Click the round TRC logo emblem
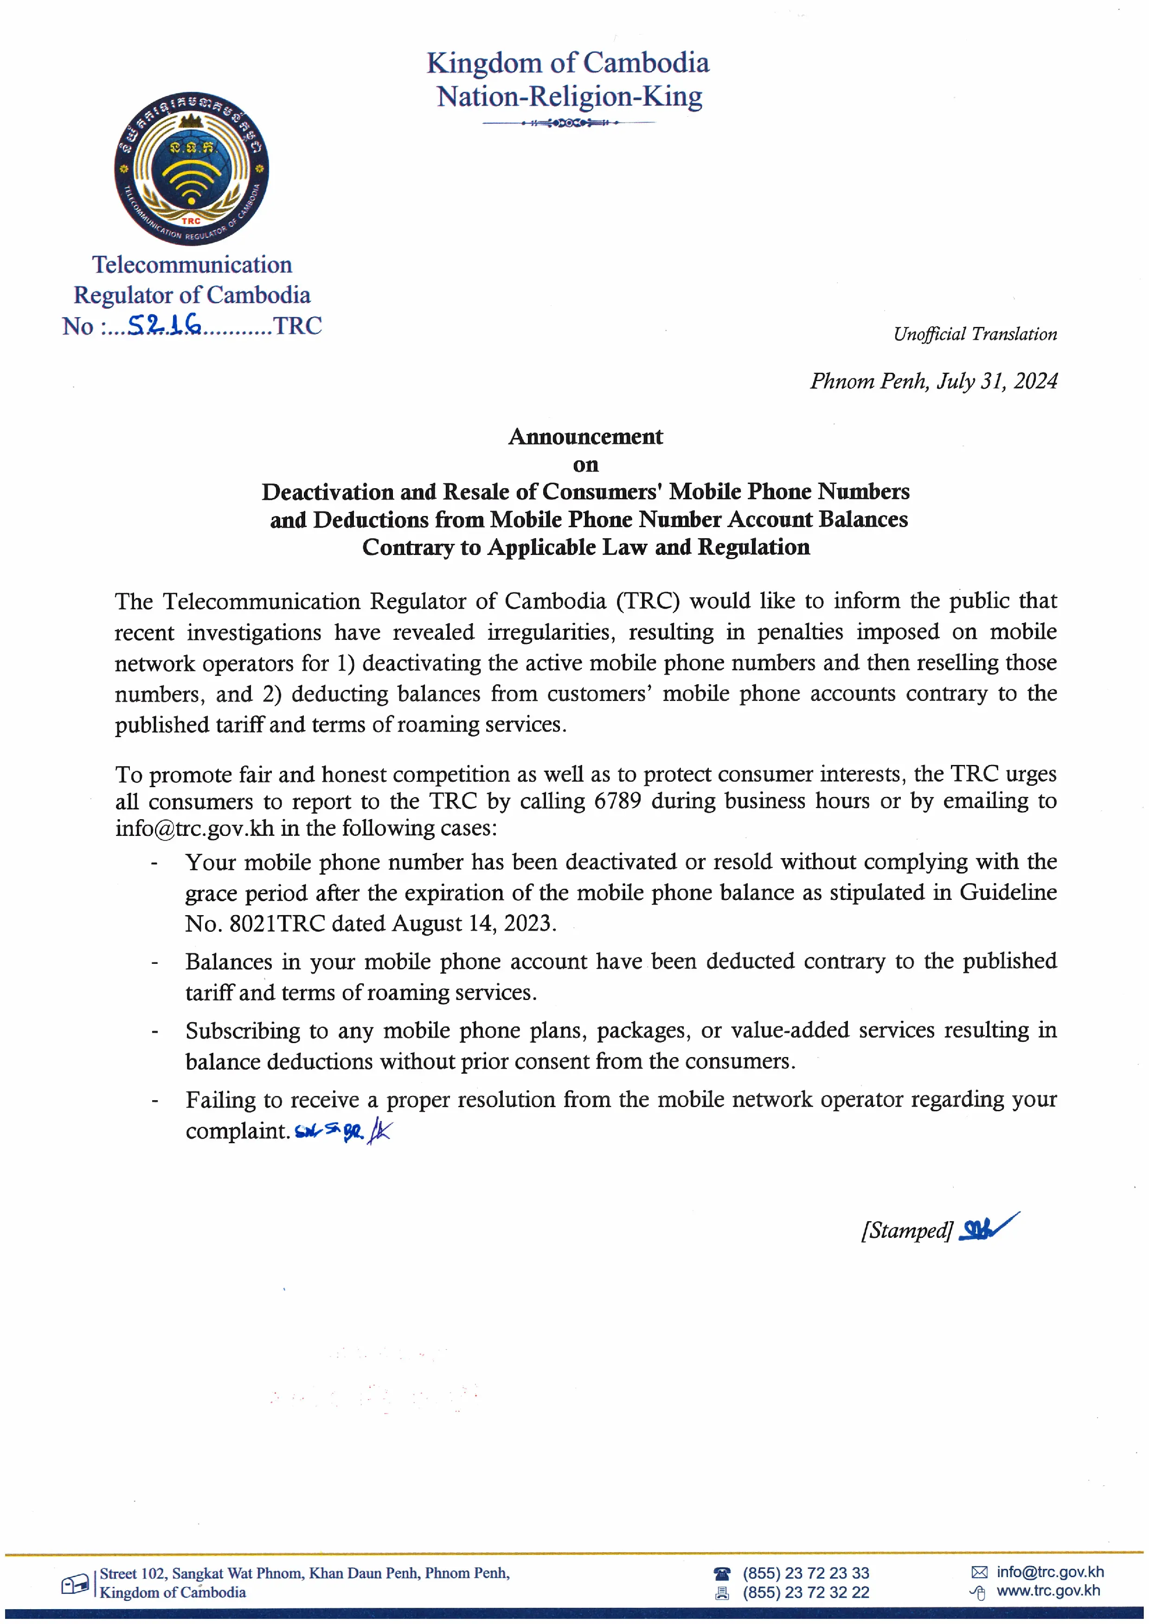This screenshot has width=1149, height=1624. click(192, 169)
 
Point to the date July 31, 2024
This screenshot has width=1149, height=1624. click(997, 381)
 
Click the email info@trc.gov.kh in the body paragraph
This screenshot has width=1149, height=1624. click(194, 828)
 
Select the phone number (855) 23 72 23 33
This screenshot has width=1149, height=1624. click(805, 1573)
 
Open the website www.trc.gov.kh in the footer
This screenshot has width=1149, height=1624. click(1048, 1591)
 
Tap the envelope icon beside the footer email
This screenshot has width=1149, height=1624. click(979, 1573)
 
